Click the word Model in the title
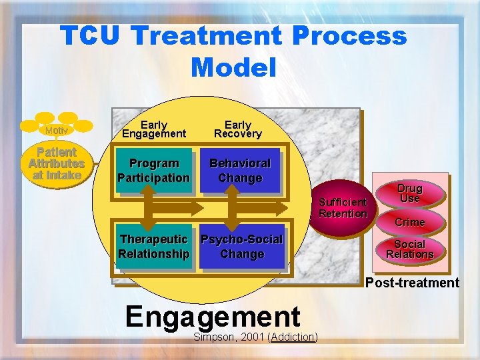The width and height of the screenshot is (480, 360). tap(233, 67)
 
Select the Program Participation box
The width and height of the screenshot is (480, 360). tap(153, 171)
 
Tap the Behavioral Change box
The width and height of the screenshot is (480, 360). tap(240, 171)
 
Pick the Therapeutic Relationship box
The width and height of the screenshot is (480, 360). tap(153, 247)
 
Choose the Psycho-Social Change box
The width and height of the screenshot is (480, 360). tap(241, 247)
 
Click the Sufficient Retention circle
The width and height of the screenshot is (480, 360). tap(343, 208)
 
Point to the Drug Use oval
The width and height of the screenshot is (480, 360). tap(410, 193)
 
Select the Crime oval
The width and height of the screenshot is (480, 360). tap(409, 222)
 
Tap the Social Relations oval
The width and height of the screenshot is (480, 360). tap(409, 249)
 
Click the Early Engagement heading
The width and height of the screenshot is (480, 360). tap(153, 129)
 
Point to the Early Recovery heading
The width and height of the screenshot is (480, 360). tap(238, 129)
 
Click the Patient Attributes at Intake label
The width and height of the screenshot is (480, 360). tap(56, 163)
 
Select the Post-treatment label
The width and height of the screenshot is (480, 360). tap(412, 283)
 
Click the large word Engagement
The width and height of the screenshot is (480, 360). tap(213, 316)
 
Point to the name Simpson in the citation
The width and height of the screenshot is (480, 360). tap(213, 337)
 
